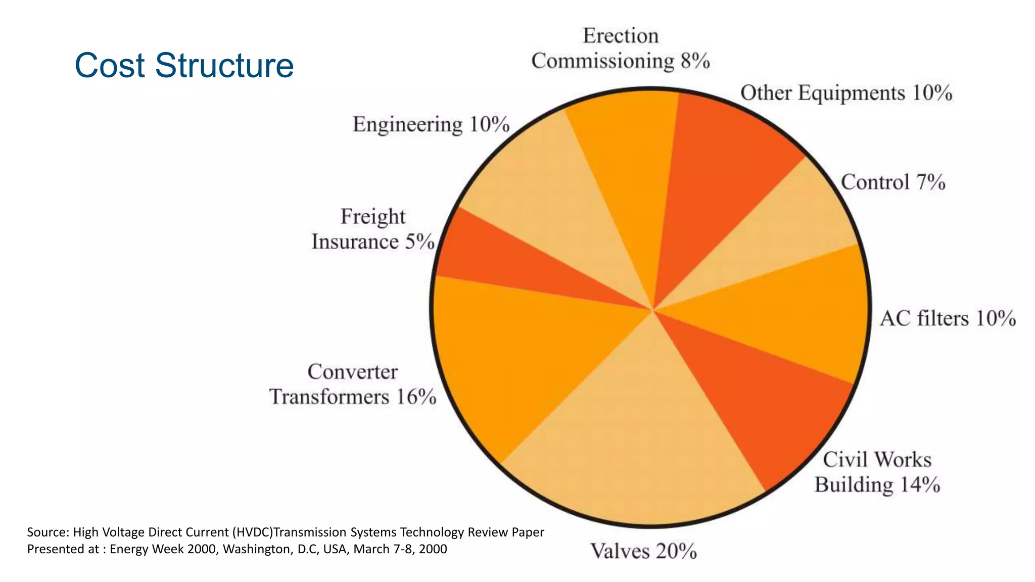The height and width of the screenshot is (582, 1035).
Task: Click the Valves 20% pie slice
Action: pyautogui.click(x=637, y=445)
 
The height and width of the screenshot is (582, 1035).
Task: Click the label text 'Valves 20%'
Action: pyautogui.click(x=643, y=551)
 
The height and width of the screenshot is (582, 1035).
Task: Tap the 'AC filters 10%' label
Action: pyautogui.click(x=948, y=319)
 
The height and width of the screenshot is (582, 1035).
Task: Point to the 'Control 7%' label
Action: pyautogui.click(x=893, y=182)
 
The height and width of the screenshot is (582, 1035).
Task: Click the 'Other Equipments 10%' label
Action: pyautogui.click(x=846, y=93)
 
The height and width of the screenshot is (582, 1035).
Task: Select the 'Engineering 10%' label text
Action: pyautogui.click(x=431, y=124)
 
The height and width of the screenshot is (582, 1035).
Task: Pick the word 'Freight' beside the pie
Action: pyautogui.click(x=372, y=217)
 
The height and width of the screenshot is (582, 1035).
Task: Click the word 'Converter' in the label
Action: pyautogui.click(x=352, y=372)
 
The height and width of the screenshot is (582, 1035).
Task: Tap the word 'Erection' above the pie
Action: pyautogui.click(x=621, y=36)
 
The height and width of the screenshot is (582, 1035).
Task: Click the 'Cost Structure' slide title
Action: pyautogui.click(x=184, y=65)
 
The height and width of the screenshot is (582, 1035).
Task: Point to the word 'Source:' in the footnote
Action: pyautogui.click(x=48, y=532)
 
